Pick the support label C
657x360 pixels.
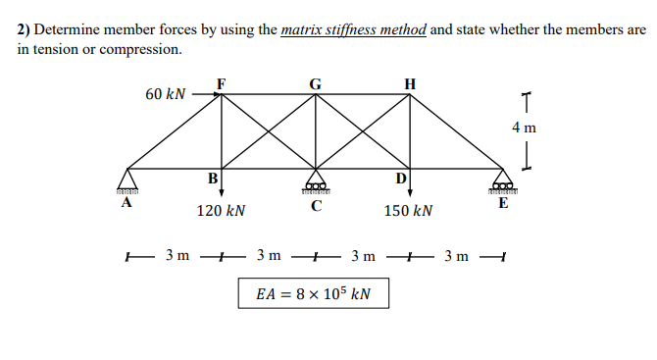click(x=315, y=206)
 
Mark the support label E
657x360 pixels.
click(x=503, y=204)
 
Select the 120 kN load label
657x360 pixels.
click(x=221, y=211)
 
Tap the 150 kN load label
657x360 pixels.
click(x=409, y=211)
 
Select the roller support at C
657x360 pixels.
click(x=315, y=184)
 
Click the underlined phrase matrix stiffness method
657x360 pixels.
click(x=354, y=29)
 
